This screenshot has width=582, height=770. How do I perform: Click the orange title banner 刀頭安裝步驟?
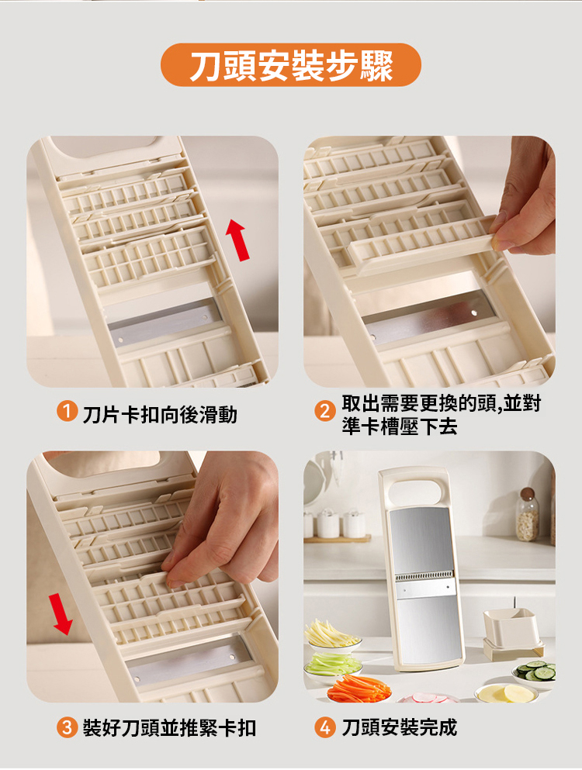coord(290,65)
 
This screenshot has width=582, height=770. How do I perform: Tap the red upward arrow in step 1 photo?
coord(238,240)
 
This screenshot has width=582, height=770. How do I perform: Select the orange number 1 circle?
coord(67,412)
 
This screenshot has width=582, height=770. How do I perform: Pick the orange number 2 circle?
coord(324,411)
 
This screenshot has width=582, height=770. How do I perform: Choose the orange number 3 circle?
coord(67,727)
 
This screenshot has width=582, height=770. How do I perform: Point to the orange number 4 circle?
coord(324,727)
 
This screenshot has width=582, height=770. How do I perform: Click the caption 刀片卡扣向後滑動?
coord(160,415)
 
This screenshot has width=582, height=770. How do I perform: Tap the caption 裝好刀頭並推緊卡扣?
coord(169,728)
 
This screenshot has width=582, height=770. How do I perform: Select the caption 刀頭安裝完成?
coord(399,727)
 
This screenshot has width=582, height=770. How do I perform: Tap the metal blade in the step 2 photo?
coord(428,318)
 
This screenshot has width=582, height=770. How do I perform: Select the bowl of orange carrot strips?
coord(359,689)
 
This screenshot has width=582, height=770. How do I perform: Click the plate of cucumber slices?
coord(535,673)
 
